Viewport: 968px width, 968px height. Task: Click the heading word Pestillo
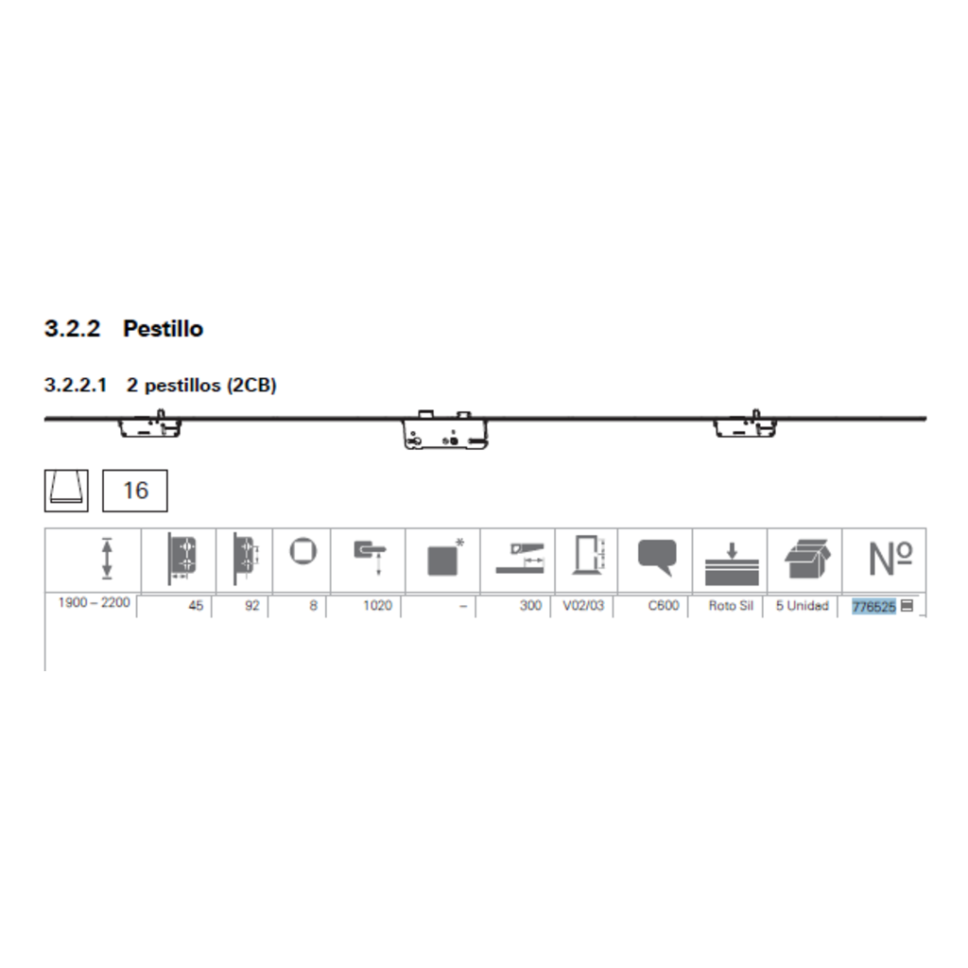[163, 328]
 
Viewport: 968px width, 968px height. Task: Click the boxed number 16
[135, 491]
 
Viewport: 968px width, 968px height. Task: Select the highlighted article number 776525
[873, 606]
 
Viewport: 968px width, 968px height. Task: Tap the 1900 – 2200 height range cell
[94, 602]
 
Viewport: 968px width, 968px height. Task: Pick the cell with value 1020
[377, 606]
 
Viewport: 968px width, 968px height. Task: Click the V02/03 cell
[583, 606]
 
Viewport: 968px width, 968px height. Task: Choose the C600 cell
[664, 606]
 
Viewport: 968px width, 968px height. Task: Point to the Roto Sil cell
[731, 606]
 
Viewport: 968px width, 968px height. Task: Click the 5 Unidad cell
[802, 606]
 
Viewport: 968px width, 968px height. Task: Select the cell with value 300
[531, 606]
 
